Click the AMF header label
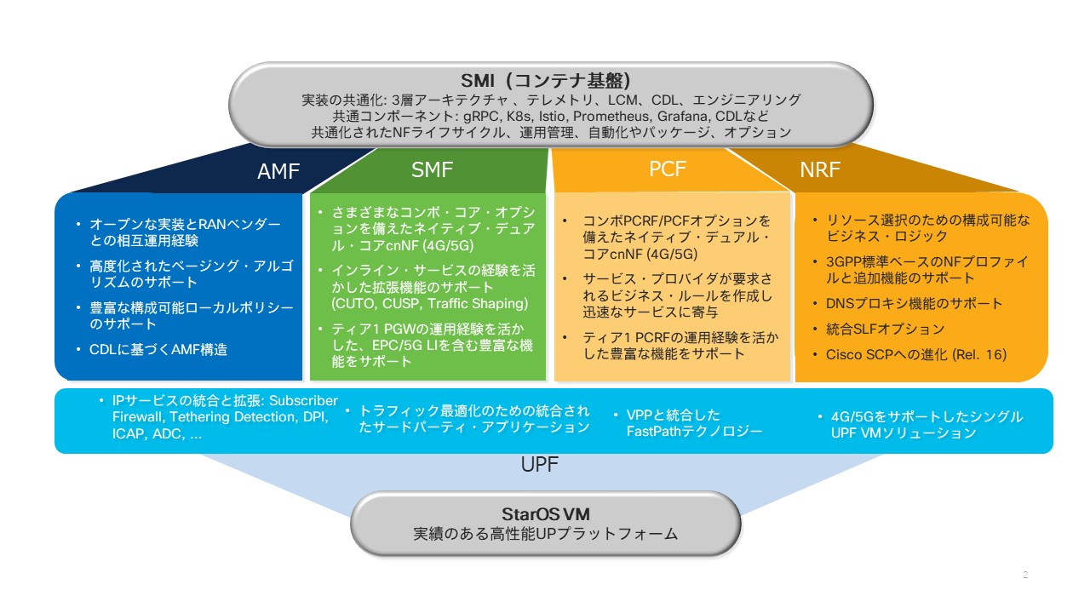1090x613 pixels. pos(278,172)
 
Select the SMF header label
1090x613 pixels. pos(432,170)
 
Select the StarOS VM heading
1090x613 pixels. pos(546,514)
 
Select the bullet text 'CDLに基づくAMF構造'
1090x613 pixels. pos(158,349)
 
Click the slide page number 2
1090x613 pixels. pos(1025,576)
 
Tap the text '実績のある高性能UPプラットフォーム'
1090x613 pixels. pos(546,535)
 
